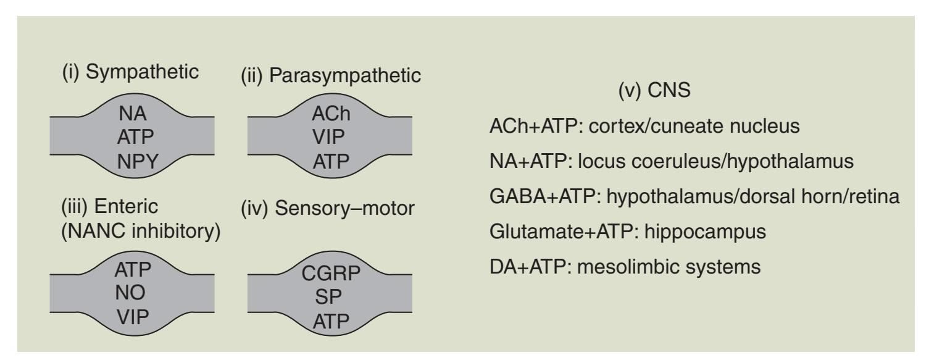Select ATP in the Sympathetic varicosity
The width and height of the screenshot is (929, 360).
pos(135,138)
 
